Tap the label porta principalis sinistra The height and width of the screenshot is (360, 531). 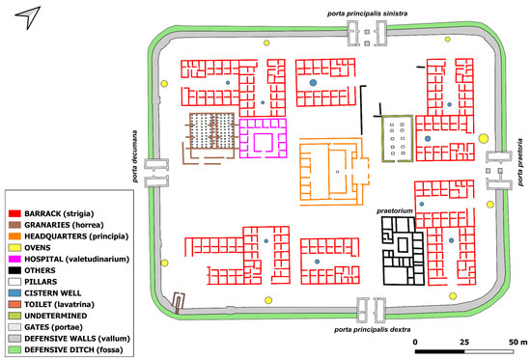pyautogui.click(x=367, y=14)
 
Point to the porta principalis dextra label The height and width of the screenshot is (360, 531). pyautogui.click(x=372, y=329)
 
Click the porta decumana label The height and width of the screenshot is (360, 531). pyautogui.click(x=135, y=156)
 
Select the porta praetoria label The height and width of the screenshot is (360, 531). pyautogui.click(x=520, y=162)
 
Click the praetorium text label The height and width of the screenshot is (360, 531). pyautogui.click(x=395, y=210)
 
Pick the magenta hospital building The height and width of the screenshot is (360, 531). pyautogui.click(x=264, y=138)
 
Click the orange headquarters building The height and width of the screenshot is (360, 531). pyautogui.click(x=334, y=172)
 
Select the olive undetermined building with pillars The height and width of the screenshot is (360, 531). pyautogui.click(x=398, y=139)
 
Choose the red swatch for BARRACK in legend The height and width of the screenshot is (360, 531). pyautogui.click(x=14, y=213)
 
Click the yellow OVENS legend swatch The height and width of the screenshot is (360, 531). pyautogui.click(x=14, y=248)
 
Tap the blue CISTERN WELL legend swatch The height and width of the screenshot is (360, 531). pyautogui.click(x=14, y=293)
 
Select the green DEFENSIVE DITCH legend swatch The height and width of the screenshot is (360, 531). pyautogui.click(x=14, y=349)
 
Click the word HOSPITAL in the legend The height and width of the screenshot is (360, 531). pyautogui.click(x=43, y=259)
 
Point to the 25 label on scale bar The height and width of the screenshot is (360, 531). pyautogui.click(x=464, y=342)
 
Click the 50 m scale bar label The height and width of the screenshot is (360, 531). pyautogui.click(x=518, y=342)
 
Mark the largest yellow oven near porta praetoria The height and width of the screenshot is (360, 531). pyautogui.click(x=484, y=139)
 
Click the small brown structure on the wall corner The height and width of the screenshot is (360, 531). pyautogui.click(x=179, y=302)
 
